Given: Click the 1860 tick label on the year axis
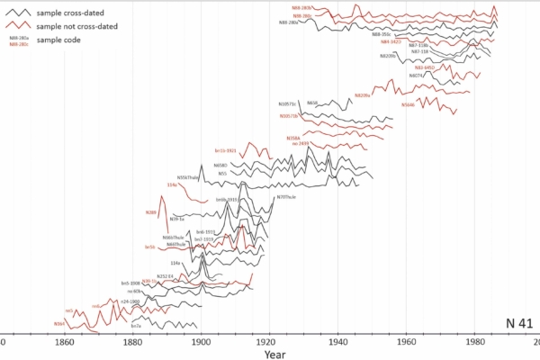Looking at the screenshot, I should [x=64, y=343].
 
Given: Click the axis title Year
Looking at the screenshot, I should [x=275, y=354].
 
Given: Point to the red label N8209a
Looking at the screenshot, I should [x=363, y=94].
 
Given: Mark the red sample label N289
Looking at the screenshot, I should [x=151, y=212].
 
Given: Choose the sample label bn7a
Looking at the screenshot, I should [x=136, y=325].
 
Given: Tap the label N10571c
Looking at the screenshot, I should [x=291, y=104].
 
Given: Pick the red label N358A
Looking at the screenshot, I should [x=293, y=138].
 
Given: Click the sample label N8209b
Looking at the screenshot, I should [x=388, y=55].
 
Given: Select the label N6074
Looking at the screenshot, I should [x=416, y=76].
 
